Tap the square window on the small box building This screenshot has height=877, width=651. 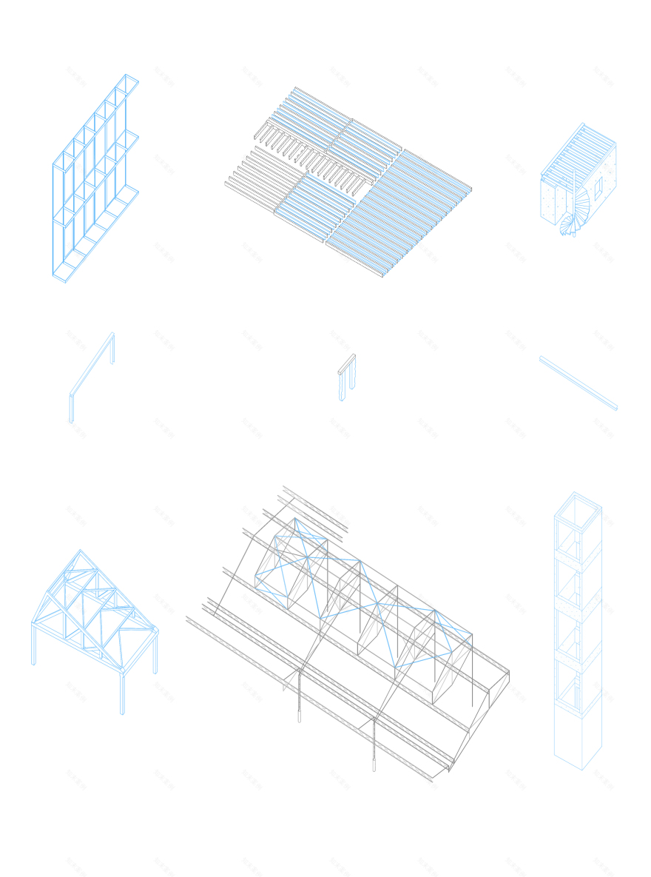(598, 188)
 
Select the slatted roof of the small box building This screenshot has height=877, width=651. (579, 152)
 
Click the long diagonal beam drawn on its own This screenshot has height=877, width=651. (579, 383)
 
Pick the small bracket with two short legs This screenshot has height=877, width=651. (346, 376)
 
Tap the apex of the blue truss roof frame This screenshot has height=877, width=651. (81, 551)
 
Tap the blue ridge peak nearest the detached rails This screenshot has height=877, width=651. (295, 520)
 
